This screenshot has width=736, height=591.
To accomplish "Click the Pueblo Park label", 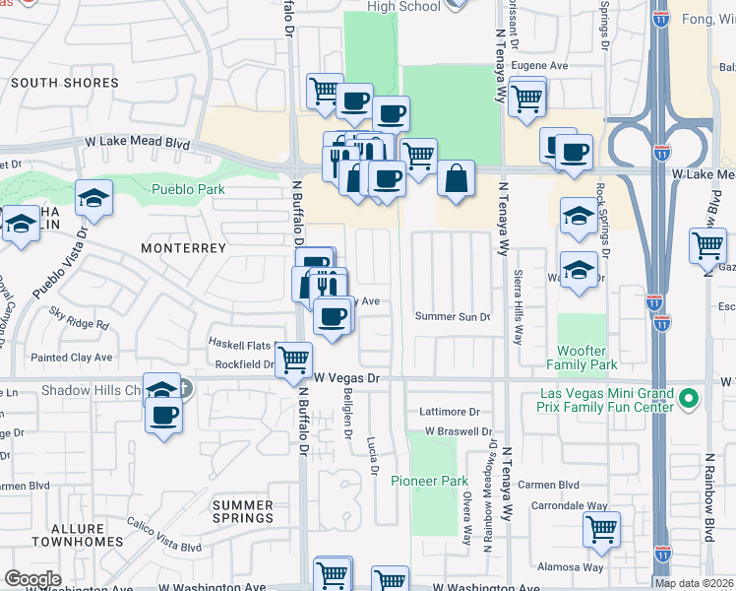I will pyautogui.click(x=187, y=190).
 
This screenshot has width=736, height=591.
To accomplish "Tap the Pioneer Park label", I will pyautogui.click(x=428, y=481).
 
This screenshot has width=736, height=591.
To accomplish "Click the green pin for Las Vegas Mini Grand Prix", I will pyautogui.click(x=689, y=400).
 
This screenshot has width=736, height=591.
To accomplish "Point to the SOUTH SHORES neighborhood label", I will pyautogui.click(x=65, y=84).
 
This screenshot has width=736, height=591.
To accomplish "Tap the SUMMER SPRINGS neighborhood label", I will pyautogui.click(x=243, y=511).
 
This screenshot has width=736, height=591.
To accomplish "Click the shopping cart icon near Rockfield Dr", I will pyautogui.click(x=293, y=361).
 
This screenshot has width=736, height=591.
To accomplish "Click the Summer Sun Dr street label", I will pyautogui.click(x=452, y=317).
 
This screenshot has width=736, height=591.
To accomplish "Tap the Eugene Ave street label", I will pyautogui.click(x=540, y=66).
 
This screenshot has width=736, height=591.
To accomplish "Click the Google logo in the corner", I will pyautogui.click(x=32, y=579).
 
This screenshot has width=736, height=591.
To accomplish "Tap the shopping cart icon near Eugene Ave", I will pyautogui.click(x=527, y=97).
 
